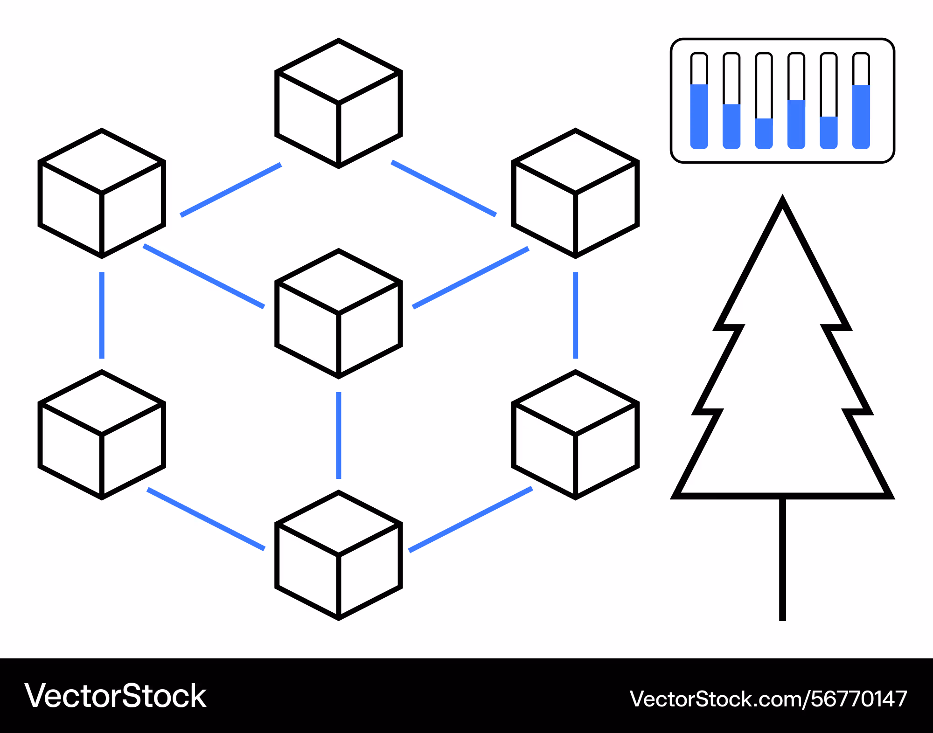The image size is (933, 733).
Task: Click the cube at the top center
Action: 339,103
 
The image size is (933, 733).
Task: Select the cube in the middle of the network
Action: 339,313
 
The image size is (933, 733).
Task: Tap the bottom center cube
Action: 339,555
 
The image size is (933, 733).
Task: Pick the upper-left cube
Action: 102,193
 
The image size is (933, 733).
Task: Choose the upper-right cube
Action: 576,193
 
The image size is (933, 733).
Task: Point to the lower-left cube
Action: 102,435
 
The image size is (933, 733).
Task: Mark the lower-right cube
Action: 576,435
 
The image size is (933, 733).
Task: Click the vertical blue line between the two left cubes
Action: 102,315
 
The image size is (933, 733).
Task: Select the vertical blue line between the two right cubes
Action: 576,315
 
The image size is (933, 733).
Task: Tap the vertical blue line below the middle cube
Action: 339,436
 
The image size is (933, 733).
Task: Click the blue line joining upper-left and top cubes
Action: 231,190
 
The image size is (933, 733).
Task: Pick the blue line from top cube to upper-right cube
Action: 444,188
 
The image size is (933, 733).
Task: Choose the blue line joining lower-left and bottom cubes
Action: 206,519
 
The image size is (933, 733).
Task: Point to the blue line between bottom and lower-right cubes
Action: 471,519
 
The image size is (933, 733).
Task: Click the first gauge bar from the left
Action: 699,101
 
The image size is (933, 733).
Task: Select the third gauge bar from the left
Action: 764,101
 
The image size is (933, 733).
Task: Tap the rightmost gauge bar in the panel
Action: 861,101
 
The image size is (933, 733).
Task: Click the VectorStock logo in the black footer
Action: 115,696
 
